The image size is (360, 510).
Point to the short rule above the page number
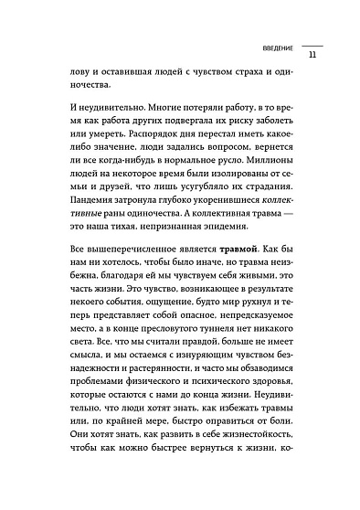coord(312,44)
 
